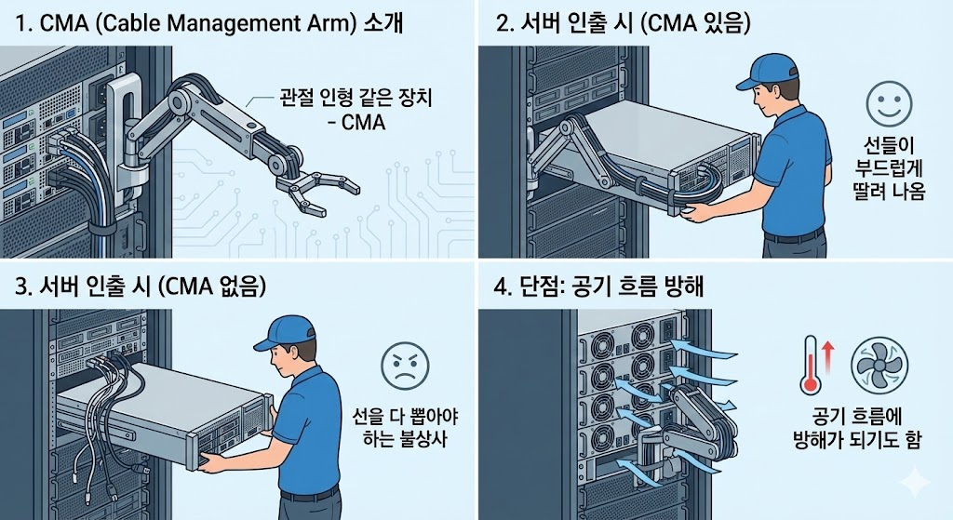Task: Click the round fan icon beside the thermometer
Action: click(x=879, y=364)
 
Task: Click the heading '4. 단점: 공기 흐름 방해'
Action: click(x=598, y=287)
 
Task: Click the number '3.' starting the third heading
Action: click(x=25, y=287)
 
